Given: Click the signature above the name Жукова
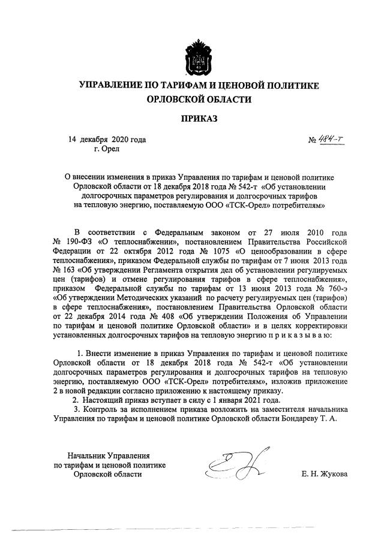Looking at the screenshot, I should pos(229,466).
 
